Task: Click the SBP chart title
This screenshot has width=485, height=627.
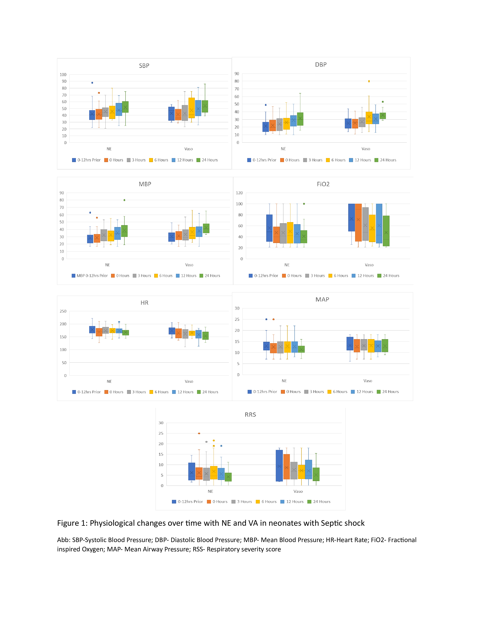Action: (x=144, y=66)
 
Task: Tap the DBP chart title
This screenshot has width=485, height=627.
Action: (x=321, y=65)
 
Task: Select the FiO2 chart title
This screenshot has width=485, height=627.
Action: (x=323, y=184)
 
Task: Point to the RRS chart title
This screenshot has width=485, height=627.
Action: (x=250, y=415)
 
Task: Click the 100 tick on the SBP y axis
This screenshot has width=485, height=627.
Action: (x=63, y=75)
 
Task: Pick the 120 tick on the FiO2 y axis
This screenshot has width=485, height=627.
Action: (x=239, y=193)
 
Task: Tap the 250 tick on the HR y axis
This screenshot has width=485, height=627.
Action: (x=63, y=311)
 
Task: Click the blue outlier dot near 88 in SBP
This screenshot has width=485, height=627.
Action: (x=92, y=83)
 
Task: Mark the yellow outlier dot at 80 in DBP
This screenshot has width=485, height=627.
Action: (x=369, y=81)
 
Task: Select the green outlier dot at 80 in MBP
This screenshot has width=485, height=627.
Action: (x=124, y=200)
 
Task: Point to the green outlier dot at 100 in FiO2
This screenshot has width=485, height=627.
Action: (x=304, y=204)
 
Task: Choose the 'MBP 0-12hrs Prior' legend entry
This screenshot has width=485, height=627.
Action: (x=90, y=276)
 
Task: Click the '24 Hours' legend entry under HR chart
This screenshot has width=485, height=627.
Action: (x=208, y=392)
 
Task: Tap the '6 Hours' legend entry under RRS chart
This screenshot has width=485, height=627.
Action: (x=266, y=502)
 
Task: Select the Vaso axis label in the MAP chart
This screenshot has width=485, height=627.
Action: (x=368, y=381)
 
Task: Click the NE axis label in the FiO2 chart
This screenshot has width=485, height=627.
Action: (x=287, y=265)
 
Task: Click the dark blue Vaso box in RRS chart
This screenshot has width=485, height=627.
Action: (x=279, y=465)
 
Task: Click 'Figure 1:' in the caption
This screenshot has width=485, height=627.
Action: (x=72, y=523)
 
